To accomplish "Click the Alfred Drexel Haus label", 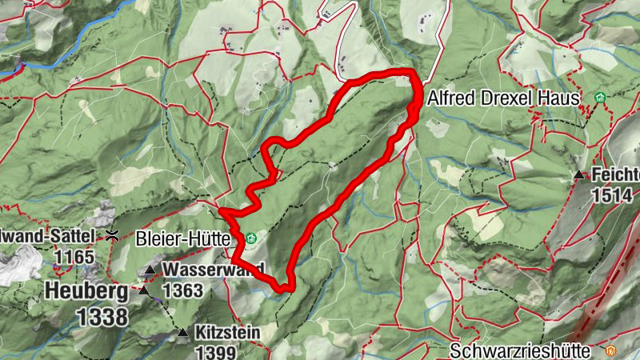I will pyautogui.click(x=502, y=98).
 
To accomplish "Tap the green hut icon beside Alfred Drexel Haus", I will pyautogui.click(x=599, y=98).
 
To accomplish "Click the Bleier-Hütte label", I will pyautogui.click(x=184, y=238).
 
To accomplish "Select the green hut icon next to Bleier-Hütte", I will pyautogui.click(x=250, y=238).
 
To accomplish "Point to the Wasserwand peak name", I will pyautogui.click(x=211, y=270).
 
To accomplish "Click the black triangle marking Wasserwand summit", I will pyautogui.click(x=150, y=270).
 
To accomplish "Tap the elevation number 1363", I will pyautogui.click(x=182, y=290).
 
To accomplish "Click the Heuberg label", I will pyautogui.click(x=86, y=290).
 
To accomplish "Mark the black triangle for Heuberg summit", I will pyautogui.click(x=144, y=290).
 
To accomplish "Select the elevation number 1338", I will pyautogui.click(x=102, y=317).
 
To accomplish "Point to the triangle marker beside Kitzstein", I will pyautogui.click(x=182, y=332).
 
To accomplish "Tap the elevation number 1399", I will pyautogui.click(x=214, y=352).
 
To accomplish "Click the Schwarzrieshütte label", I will pyautogui.click(x=520, y=350).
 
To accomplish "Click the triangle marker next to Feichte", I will pyautogui.click(x=578, y=174).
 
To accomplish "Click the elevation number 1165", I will pyautogui.click(x=75, y=257).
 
